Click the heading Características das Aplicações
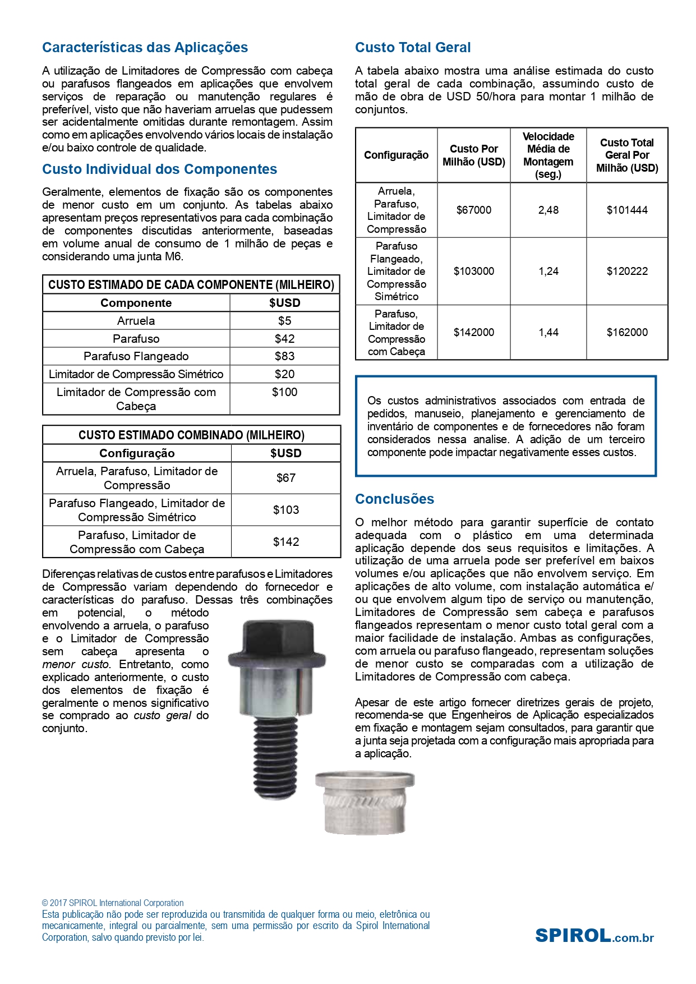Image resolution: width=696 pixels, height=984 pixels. pyautogui.click(x=145, y=48)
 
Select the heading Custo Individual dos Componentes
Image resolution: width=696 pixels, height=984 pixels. pyautogui.click(x=159, y=169)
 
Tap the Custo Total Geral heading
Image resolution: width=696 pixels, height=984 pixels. pyautogui.click(x=413, y=48)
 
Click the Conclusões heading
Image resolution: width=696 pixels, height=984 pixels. pyautogui.click(x=394, y=499)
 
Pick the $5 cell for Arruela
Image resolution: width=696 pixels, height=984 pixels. pyautogui.click(x=284, y=321)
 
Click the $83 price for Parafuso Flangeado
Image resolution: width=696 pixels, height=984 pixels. pyautogui.click(x=284, y=356)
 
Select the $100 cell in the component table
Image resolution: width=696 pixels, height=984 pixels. pyautogui.click(x=284, y=393)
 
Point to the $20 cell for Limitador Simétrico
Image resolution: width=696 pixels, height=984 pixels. pyautogui.click(x=284, y=374)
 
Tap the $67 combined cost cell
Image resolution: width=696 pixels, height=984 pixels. pyautogui.click(x=285, y=478)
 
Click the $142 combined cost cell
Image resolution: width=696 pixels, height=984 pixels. pyautogui.click(x=285, y=542)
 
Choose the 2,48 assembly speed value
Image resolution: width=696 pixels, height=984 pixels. pyautogui.click(x=548, y=210)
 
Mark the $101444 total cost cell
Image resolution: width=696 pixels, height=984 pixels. pyautogui.click(x=627, y=210)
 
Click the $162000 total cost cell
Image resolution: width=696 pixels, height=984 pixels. pyautogui.click(x=627, y=333)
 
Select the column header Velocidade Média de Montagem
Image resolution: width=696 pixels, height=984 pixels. pyautogui.click(x=548, y=155)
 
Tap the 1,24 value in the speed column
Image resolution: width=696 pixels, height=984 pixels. pyautogui.click(x=548, y=272)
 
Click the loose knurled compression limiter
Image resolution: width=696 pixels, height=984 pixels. pyautogui.click(x=365, y=802)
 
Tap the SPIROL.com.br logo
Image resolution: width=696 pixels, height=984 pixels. pyautogui.click(x=594, y=936)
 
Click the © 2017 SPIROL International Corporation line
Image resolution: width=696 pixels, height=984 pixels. pyautogui.click(x=113, y=903)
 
